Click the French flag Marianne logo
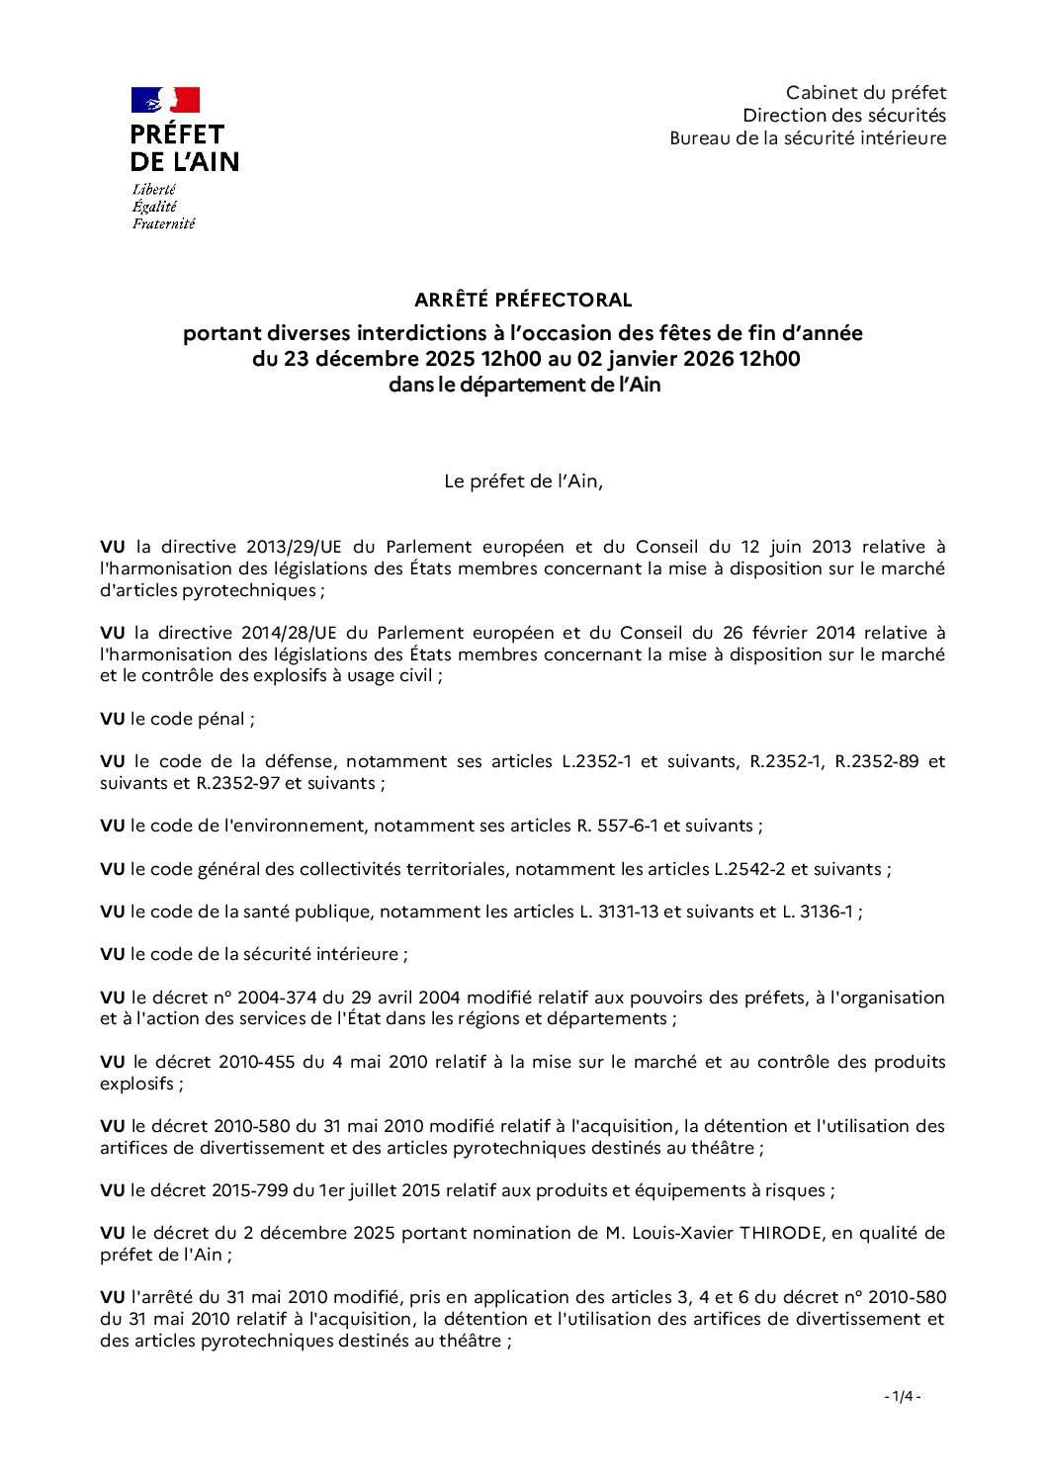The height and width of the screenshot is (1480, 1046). coord(165,100)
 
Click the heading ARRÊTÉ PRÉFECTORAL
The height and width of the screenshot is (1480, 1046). coord(523,300)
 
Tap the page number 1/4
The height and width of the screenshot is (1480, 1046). coord(902,1396)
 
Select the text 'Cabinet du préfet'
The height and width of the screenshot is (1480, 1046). coord(865,93)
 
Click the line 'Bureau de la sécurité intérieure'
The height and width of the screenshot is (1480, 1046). coord(807,138)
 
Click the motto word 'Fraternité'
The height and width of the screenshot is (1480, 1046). coord(163,223)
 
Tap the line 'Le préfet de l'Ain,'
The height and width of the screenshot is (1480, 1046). coord(523,482)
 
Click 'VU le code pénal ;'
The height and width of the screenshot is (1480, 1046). coord(177,719)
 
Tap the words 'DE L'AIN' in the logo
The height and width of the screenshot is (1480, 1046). coord(184,162)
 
